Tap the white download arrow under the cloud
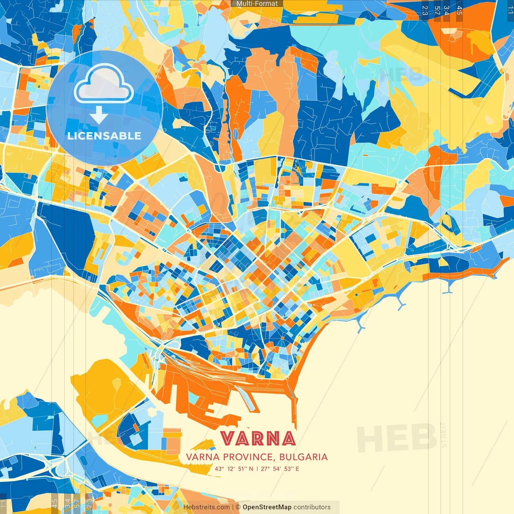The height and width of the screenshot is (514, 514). (x=98, y=115)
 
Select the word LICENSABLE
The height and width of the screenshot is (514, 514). (x=104, y=136)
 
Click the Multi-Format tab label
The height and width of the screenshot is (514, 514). (x=257, y=4)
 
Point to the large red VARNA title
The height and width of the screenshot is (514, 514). (x=258, y=439)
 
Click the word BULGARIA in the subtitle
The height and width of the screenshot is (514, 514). (x=304, y=457)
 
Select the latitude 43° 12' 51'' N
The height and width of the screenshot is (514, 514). (x=234, y=469)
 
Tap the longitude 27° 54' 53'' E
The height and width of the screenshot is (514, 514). (x=280, y=469)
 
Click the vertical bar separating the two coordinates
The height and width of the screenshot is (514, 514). (x=257, y=469)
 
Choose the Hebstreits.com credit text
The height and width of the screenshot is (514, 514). (x=207, y=507)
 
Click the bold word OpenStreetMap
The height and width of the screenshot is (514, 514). (x=267, y=507)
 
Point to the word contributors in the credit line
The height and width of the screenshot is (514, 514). (x=312, y=507)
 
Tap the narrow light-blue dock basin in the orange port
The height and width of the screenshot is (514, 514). (x=246, y=399)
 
